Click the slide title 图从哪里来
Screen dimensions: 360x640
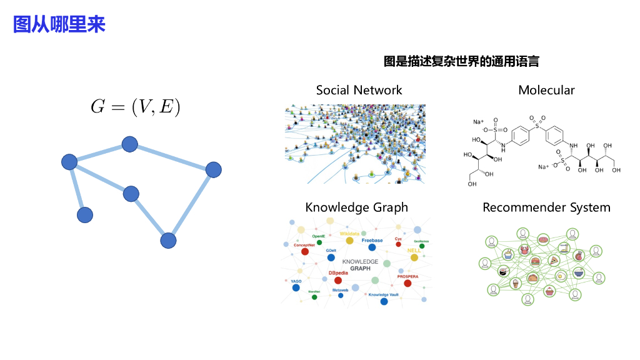click(59, 24)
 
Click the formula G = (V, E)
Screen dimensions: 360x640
click(135, 107)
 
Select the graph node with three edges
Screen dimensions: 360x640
click(69, 162)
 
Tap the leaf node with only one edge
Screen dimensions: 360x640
click(85, 215)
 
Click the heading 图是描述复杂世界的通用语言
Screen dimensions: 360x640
click(461, 61)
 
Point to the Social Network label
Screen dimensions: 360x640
click(359, 90)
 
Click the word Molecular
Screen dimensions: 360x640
click(546, 90)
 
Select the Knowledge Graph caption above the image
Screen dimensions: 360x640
click(356, 207)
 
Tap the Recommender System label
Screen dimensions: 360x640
click(546, 207)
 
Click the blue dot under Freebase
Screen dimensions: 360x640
click(372, 247)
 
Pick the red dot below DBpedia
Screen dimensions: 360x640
click(338, 281)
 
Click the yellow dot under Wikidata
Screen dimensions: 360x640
click(349, 241)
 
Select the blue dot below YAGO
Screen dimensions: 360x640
click(296, 288)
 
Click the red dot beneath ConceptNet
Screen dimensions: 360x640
click(305, 251)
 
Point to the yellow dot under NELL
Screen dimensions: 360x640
click(414, 257)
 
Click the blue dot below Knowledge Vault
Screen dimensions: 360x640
click(384, 301)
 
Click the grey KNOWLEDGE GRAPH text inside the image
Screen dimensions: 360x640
click(360, 264)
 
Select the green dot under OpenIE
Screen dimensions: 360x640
click(319, 242)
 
